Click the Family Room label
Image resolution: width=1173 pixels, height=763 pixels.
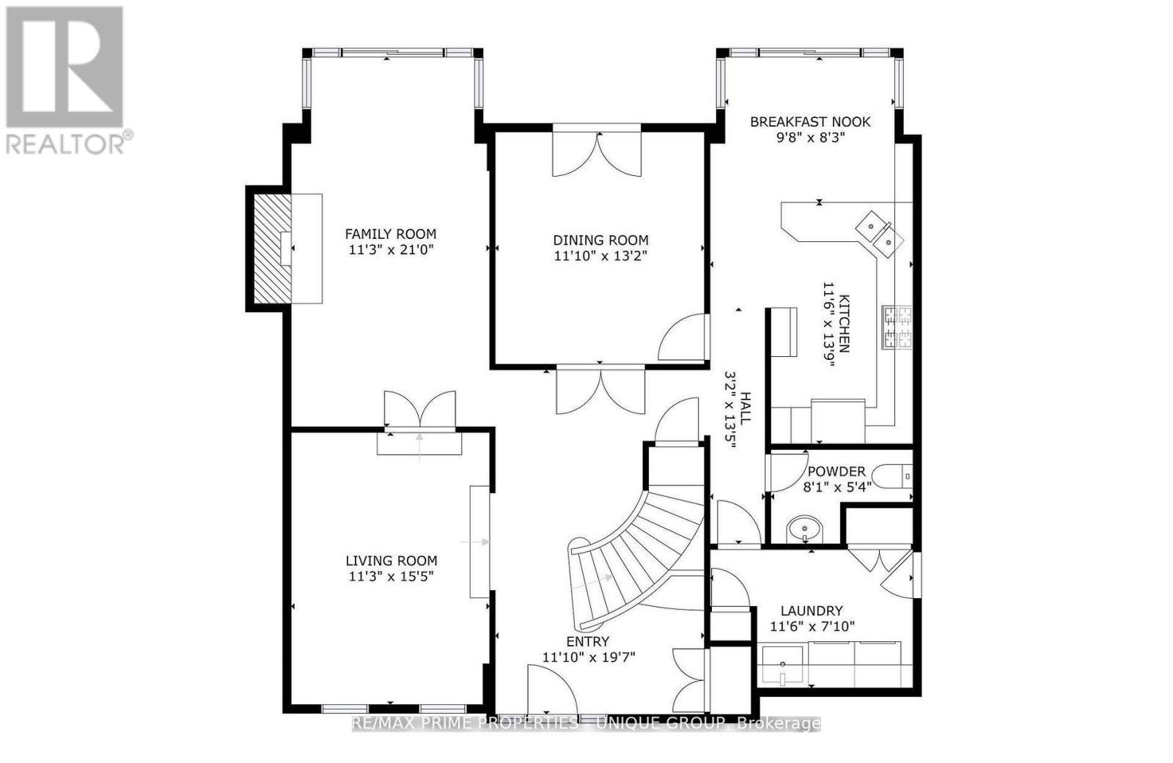click(x=391, y=234)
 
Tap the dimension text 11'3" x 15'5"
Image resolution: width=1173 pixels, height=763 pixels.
click(x=391, y=576)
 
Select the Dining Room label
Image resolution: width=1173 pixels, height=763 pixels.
click(x=600, y=240)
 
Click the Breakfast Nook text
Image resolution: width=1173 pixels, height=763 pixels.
click(x=810, y=122)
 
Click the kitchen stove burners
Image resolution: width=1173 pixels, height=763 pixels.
click(x=897, y=327)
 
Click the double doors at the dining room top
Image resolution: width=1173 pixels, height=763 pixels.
click(x=597, y=153)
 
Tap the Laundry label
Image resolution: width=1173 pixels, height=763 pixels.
click(x=812, y=611)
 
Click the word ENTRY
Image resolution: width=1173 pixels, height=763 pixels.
click(x=587, y=642)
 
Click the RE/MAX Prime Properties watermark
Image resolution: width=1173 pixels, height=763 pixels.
click(x=586, y=724)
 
